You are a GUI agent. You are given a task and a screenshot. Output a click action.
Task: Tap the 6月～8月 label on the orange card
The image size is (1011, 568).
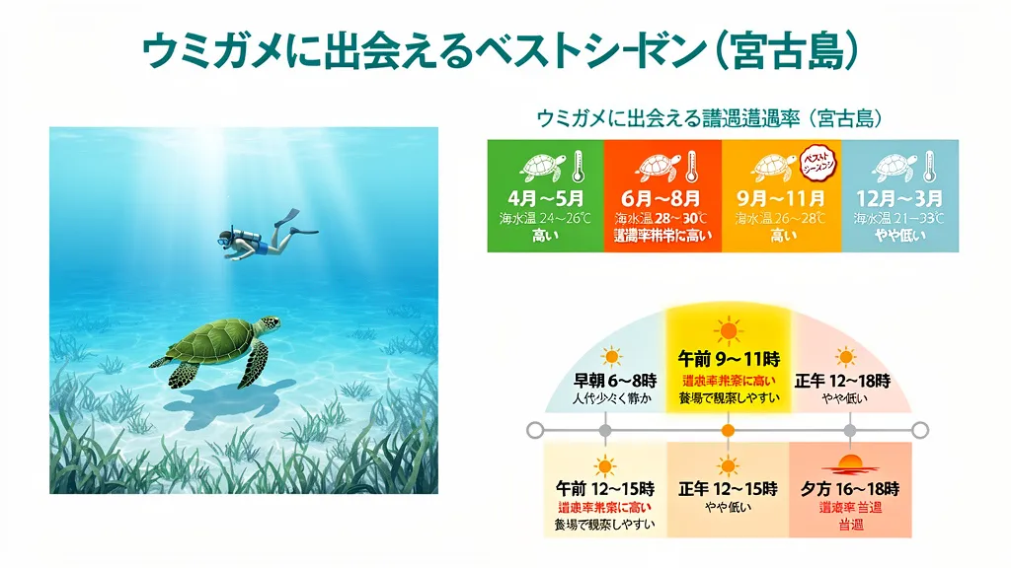pyautogui.click(x=662, y=198)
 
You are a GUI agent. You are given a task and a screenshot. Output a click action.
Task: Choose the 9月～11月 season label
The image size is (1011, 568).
pyautogui.click(x=781, y=198)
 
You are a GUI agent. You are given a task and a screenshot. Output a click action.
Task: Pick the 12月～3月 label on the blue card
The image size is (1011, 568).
pyautogui.click(x=899, y=198)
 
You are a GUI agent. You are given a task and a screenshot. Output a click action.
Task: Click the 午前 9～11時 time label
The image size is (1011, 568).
pyautogui.click(x=728, y=359)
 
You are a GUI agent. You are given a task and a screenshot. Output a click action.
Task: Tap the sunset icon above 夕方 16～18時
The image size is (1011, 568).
pyautogui.click(x=849, y=463)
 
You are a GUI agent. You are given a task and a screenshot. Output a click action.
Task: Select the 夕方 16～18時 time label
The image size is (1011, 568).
pyautogui.click(x=849, y=488)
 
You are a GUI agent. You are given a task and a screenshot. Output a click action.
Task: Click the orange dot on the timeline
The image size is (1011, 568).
pyautogui.click(x=728, y=430)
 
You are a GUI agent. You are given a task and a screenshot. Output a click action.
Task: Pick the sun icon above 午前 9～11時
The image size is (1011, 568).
pyautogui.click(x=728, y=328)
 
